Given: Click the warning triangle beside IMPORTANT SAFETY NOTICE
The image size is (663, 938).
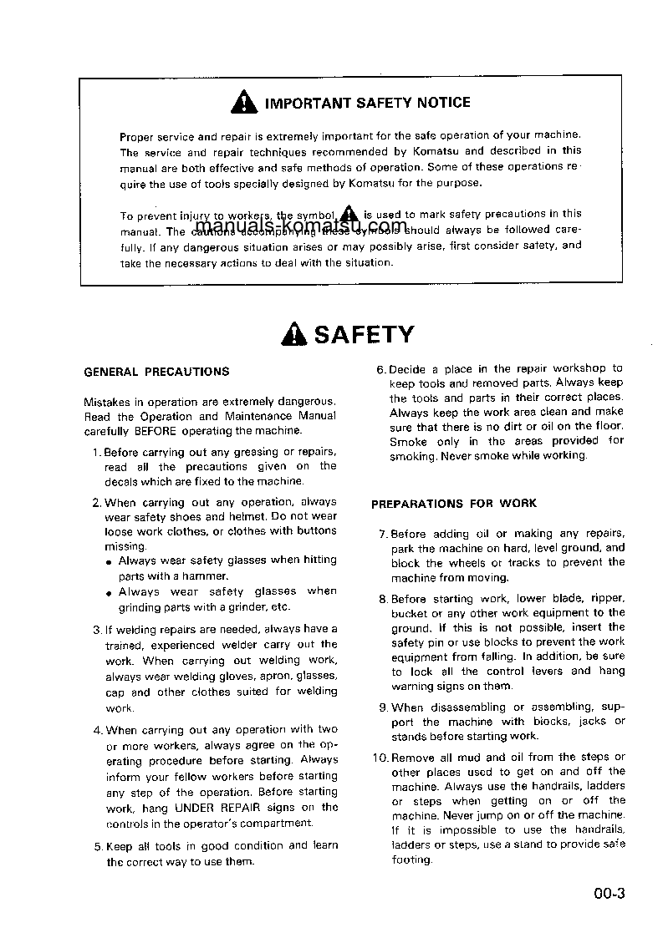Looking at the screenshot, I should click(242, 103).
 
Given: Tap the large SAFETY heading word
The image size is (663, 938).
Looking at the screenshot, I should click(364, 335).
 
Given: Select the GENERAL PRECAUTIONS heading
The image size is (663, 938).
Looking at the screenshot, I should click(156, 372).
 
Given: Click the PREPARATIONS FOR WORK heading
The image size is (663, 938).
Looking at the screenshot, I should click(454, 504).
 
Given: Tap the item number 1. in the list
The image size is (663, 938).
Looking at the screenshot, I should click(97, 452).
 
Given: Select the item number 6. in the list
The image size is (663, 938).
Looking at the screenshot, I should click(380, 368).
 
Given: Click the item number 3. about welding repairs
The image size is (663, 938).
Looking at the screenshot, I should click(97, 629).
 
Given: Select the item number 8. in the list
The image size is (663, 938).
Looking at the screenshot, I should click(384, 599).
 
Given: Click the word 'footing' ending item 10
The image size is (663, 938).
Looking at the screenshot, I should click(411, 860).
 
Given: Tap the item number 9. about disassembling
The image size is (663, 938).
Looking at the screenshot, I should click(384, 707).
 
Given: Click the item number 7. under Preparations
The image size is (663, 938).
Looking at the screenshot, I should click(384, 534).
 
